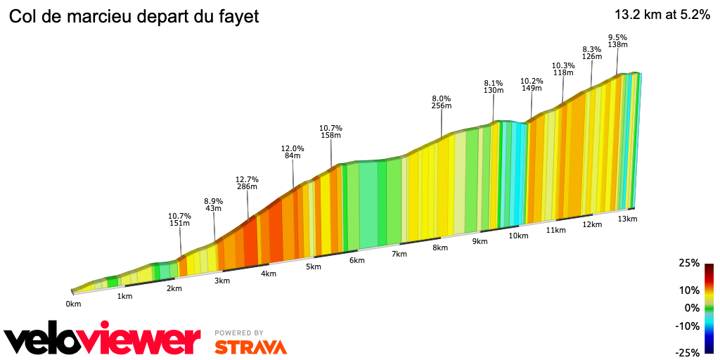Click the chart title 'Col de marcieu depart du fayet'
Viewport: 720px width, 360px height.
[x=134, y=16]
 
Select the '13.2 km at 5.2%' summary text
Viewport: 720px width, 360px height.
[x=662, y=15]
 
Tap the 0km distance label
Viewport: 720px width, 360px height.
[x=73, y=304]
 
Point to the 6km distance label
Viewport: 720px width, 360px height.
[x=356, y=260]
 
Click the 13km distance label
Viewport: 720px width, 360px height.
[x=627, y=219]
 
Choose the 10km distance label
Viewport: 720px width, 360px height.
[x=518, y=236]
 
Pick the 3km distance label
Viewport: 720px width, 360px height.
[x=221, y=281]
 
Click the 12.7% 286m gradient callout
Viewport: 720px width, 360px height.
[x=247, y=182]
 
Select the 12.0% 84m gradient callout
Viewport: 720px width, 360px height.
[x=292, y=152]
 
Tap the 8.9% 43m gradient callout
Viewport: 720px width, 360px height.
[x=213, y=204]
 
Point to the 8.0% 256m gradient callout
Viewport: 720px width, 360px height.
[x=441, y=102]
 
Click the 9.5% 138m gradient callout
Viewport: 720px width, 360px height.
[x=617, y=41]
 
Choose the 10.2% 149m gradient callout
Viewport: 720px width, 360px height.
[x=532, y=84]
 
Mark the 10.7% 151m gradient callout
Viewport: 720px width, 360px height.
[x=180, y=219]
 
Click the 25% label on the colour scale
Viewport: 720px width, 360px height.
[x=689, y=263]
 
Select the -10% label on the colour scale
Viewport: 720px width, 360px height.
[x=688, y=326]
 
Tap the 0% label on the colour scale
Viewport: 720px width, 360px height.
[x=692, y=307]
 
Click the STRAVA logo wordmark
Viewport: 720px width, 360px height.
[x=250, y=347]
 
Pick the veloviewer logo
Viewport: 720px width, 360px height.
[x=103, y=340]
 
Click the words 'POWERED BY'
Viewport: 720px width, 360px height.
[x=239, y=333]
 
